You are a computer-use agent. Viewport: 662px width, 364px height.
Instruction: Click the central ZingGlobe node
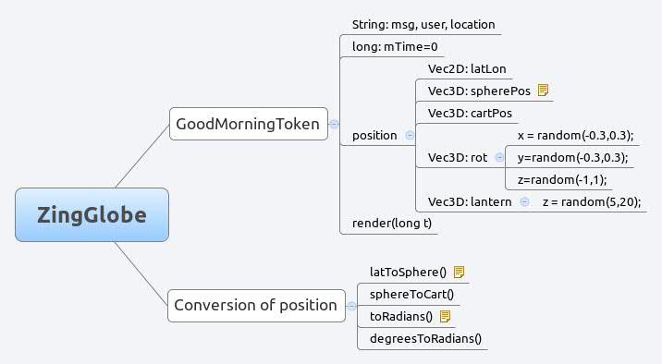tap(92, 214)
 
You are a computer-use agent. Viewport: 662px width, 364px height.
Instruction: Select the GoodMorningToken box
tap(249, 123)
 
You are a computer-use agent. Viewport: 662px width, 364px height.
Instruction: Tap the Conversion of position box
tap(255, 305)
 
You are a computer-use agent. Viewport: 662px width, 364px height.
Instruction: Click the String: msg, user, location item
tap(423, 24)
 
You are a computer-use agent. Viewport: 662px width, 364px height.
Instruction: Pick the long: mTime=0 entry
tap(394, 46)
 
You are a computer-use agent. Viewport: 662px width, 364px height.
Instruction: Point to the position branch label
tap(374, 135)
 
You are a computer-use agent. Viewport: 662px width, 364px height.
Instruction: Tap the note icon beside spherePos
tap(544, 91)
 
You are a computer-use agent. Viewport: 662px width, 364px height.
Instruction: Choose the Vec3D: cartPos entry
tap(470, 113)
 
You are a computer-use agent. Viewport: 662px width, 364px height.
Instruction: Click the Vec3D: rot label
tap(457, 157)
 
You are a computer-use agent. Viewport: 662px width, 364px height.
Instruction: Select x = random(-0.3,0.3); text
tap(575, 135)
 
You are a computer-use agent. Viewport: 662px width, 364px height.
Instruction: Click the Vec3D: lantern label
tap(470, 201)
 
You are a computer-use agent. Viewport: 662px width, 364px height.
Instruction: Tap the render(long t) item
tap(392, 223)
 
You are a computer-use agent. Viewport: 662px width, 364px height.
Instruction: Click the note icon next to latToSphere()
tap(460, 272)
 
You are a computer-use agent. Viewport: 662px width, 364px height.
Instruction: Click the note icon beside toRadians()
tap(445, 316)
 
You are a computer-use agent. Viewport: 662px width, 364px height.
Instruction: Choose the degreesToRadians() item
tap(426, 338)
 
